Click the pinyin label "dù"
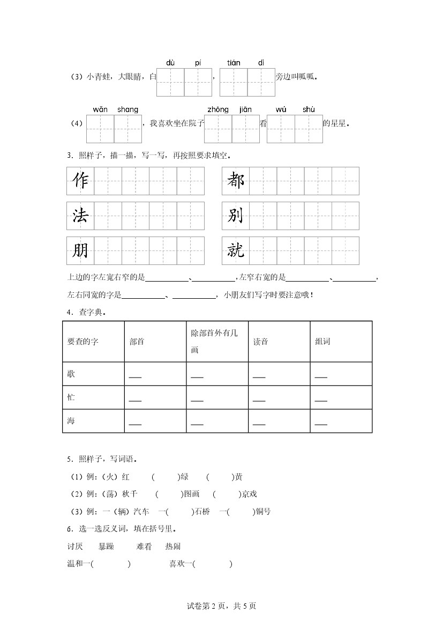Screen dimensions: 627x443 coord(170,63)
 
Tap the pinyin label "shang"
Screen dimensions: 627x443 coord(127,109)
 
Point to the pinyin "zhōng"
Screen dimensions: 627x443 coord(217,109)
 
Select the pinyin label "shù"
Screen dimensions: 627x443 coord(309,109)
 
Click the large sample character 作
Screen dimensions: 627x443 coord(80,181)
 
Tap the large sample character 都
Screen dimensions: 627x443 coord(236,181)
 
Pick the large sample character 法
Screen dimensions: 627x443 coord(80,216)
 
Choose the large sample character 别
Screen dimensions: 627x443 coord(236,216)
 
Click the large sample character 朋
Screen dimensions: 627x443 coord(80,250)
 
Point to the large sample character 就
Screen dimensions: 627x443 coord(236,250)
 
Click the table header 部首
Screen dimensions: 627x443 coord(137,342)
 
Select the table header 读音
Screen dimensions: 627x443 coord(260,342)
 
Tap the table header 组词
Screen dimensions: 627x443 coord(322,342)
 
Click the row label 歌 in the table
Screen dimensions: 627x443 coord(71,373)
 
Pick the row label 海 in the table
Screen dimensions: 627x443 coord(71,421)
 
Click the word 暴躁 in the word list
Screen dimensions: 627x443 coord(107,547)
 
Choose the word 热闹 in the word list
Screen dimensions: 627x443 coord(173,547)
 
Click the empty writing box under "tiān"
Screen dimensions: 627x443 coord(234,82)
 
